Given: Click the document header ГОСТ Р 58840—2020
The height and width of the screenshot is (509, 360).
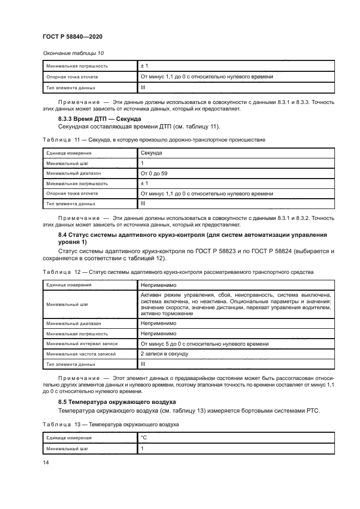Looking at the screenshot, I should point(72,36).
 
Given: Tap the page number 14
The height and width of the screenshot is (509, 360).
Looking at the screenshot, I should point(45,462).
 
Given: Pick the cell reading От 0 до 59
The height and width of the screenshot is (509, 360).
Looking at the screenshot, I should point(154,173).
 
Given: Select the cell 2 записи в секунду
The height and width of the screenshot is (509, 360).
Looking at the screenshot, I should point(164,353).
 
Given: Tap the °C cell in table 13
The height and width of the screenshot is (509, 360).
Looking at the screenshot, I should point(144,437).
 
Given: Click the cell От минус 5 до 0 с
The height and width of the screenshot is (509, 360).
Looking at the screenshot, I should point(204,344).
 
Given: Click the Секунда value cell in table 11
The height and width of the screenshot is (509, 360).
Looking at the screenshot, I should point(152,153).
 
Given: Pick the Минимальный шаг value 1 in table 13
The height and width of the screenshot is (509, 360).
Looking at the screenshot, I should point(142,449).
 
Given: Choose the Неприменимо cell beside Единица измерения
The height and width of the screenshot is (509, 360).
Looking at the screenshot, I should point(158,284).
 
